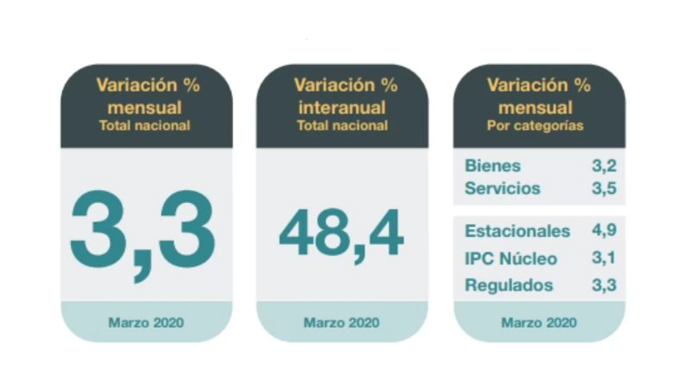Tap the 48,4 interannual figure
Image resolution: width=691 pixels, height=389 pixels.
(x=341, y=233)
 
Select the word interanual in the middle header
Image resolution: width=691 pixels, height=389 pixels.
(x=342, y=107)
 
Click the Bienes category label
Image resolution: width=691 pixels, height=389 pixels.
(x=493, y=166)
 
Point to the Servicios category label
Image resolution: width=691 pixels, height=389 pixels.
(x=502, y=188)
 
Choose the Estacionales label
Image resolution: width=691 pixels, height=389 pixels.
(x=517, y=231)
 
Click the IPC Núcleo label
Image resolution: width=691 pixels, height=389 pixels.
(x=511, y=258)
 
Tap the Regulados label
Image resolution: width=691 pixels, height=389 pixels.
(x=509, y=285)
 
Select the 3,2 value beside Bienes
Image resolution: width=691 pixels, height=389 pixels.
(x=604, y=166)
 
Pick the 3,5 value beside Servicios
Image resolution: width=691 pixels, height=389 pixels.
(x=604, y=188)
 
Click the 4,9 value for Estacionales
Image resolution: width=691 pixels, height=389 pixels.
(x=604, y=230)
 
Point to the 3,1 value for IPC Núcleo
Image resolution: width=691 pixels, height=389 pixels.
(x=604, y=258)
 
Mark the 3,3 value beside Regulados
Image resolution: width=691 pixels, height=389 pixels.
(x=604, y=285)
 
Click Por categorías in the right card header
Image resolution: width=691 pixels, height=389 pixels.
(x=535, y=126)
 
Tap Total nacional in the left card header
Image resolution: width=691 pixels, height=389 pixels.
(x=145, y=126)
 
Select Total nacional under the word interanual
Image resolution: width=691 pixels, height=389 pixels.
(x=342, y=126)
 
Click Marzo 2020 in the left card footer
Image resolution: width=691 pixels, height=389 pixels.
(x=146, y=322)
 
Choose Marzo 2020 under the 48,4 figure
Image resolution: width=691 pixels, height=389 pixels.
(x=341, y=322)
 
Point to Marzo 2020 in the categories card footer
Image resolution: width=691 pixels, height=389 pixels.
(x=539, y=322)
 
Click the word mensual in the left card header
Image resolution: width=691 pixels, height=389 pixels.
(x=145, y=107)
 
